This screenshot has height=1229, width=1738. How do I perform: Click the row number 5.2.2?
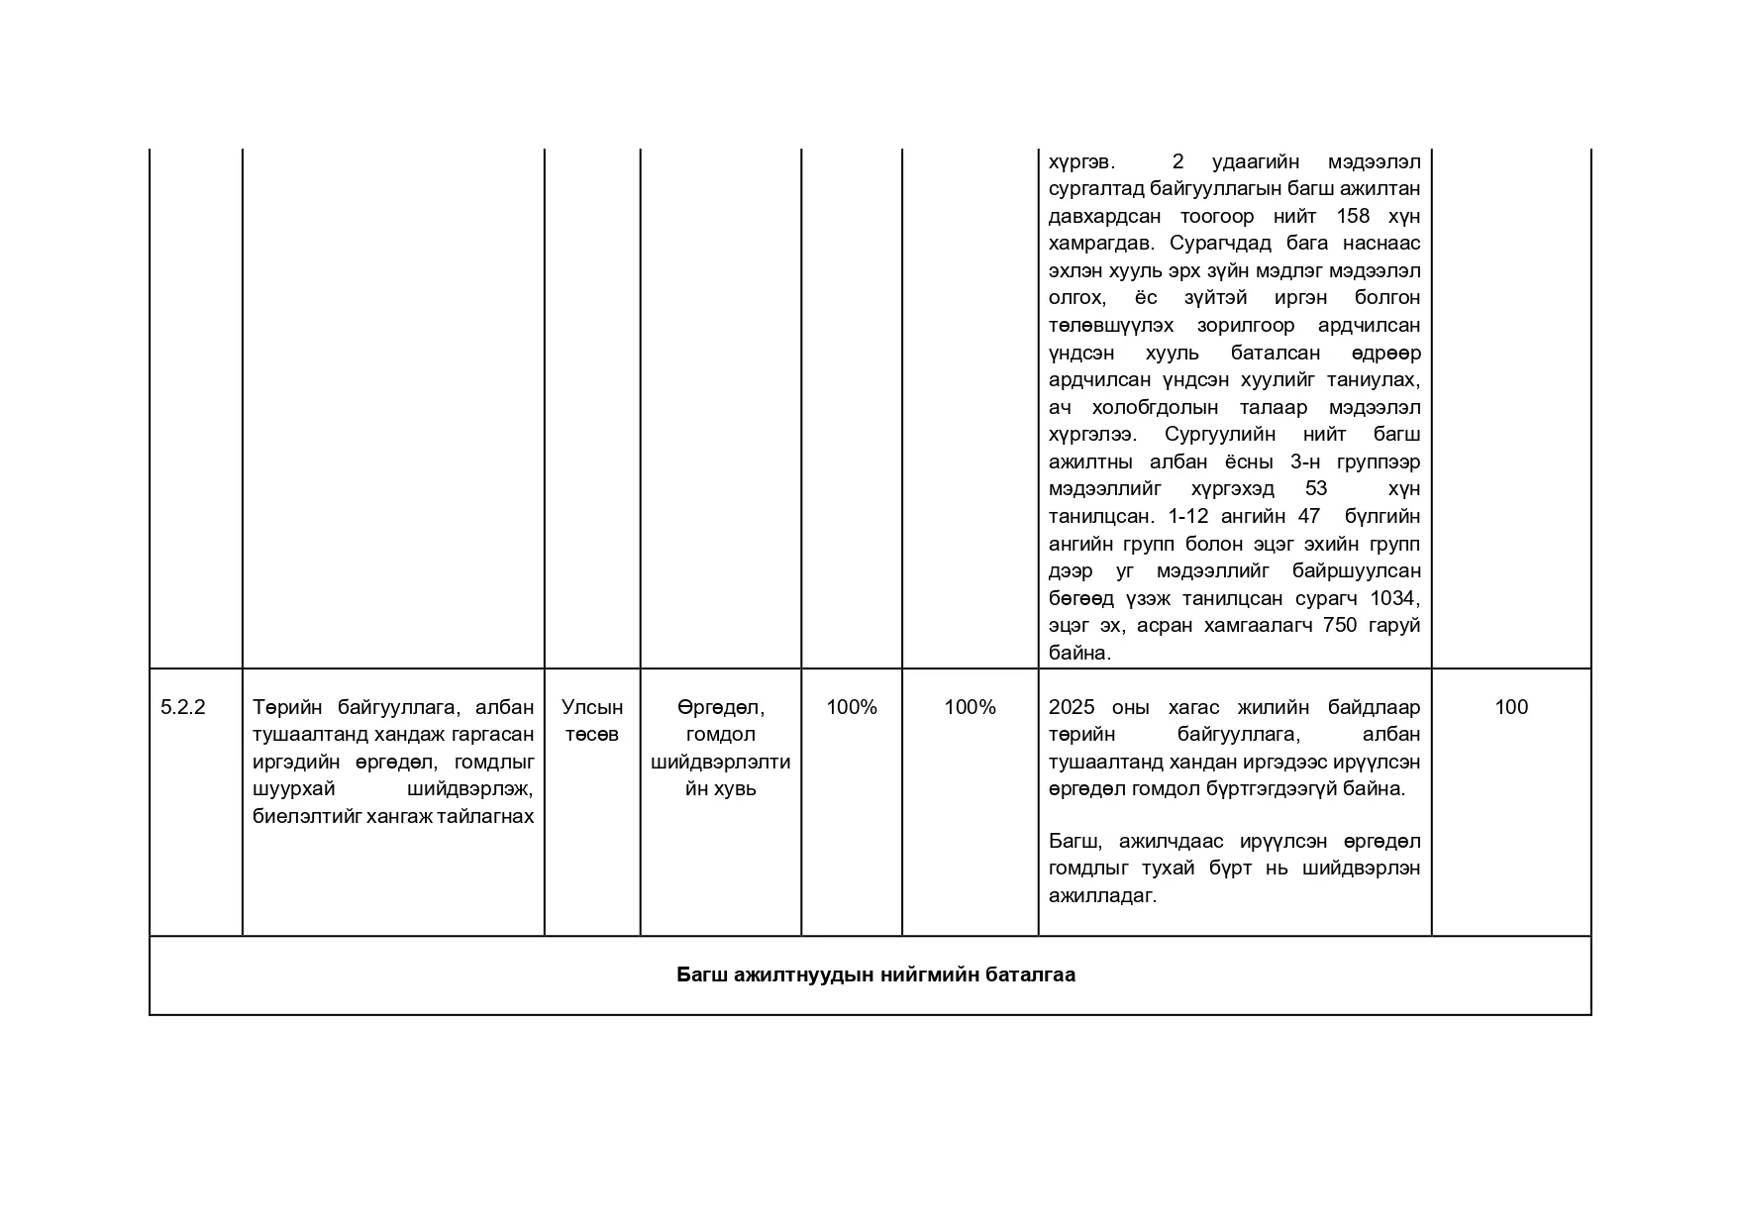tap(182, 707)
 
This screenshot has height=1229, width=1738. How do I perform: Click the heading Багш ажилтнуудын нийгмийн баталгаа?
tap(875, 974)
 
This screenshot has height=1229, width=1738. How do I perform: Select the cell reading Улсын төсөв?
tap(592, 720)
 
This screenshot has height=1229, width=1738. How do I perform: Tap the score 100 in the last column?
tap(1510, 707)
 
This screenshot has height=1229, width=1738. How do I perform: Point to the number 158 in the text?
tap(1353, 216)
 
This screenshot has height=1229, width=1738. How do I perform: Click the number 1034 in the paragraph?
tap(1395, 598)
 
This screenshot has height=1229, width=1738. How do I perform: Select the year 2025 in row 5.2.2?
tap(1072, 707)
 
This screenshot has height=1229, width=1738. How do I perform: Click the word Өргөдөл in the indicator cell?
tap(720, 707)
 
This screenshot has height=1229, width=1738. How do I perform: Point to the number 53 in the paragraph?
tap(1316, 488)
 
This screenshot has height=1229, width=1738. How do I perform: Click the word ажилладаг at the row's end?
tap(1102, 895)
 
